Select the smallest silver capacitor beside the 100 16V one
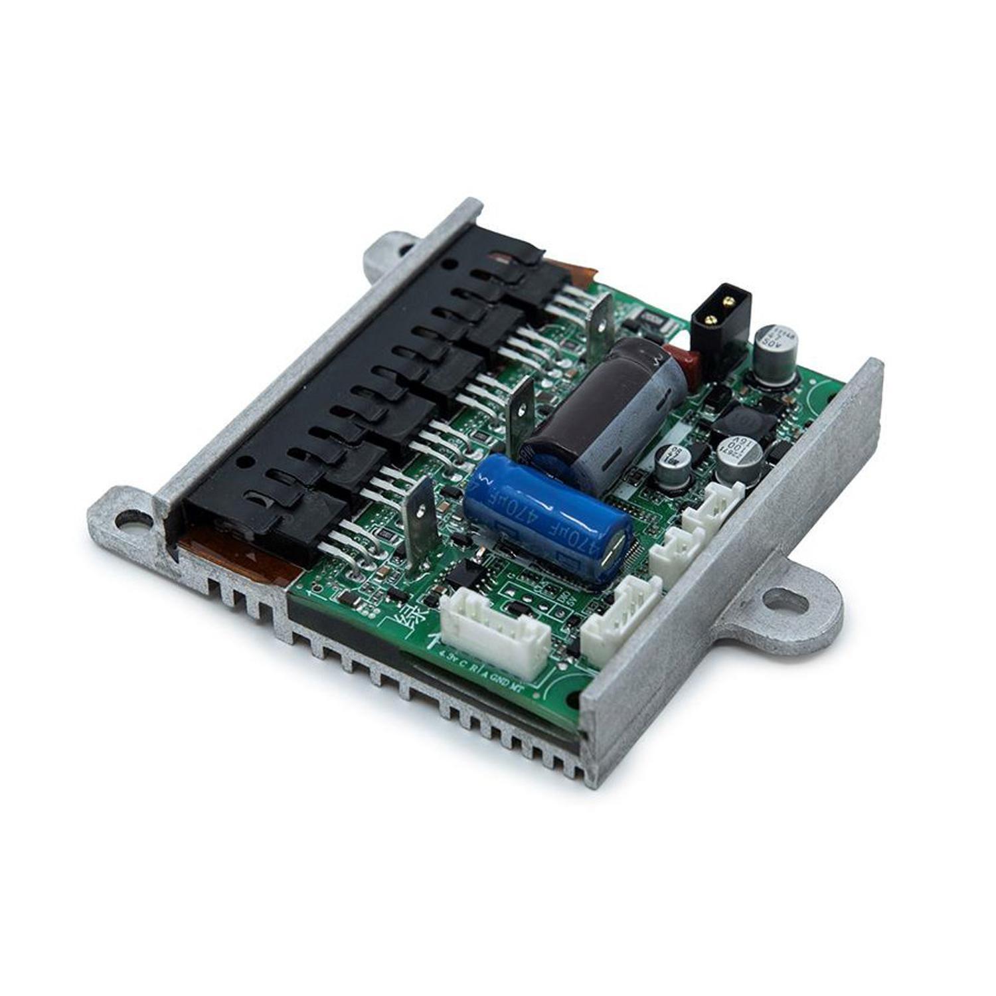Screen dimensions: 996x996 (667, 458)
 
